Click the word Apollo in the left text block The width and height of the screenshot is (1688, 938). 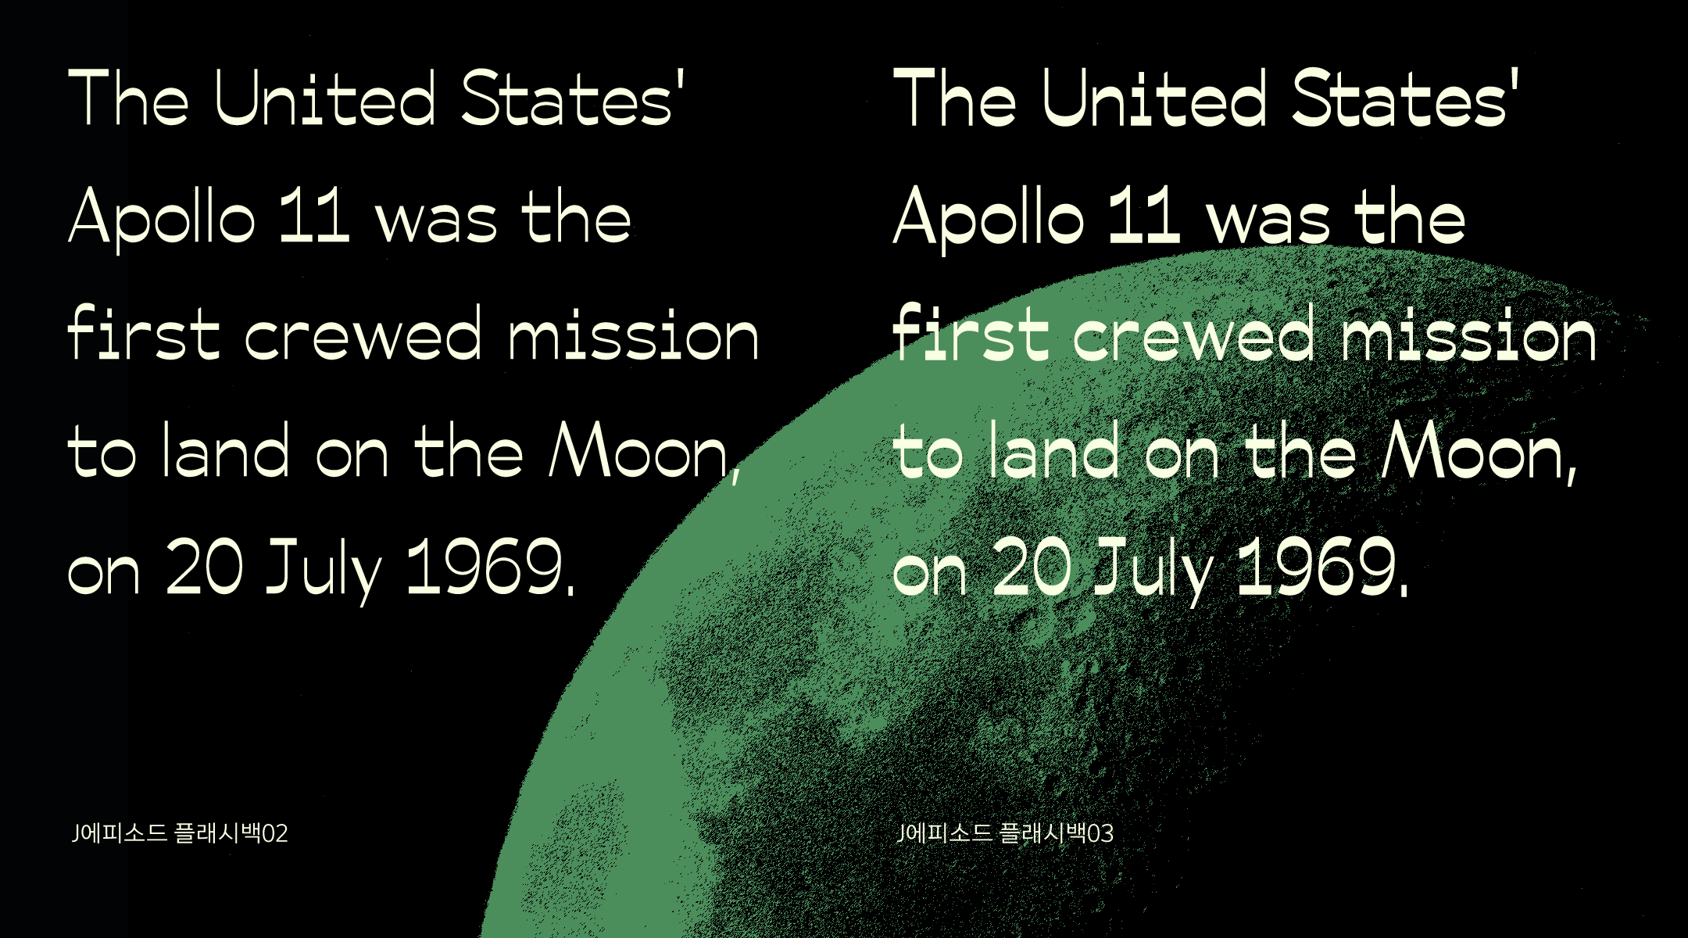[x=162, y=219]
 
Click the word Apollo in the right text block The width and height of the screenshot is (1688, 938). [x=989, y=219]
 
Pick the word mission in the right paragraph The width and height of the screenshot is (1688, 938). [x=1469, y=335]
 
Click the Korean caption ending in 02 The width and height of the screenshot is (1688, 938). [x=180, y=833]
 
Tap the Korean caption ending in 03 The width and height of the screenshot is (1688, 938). [x=1006, y=833]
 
